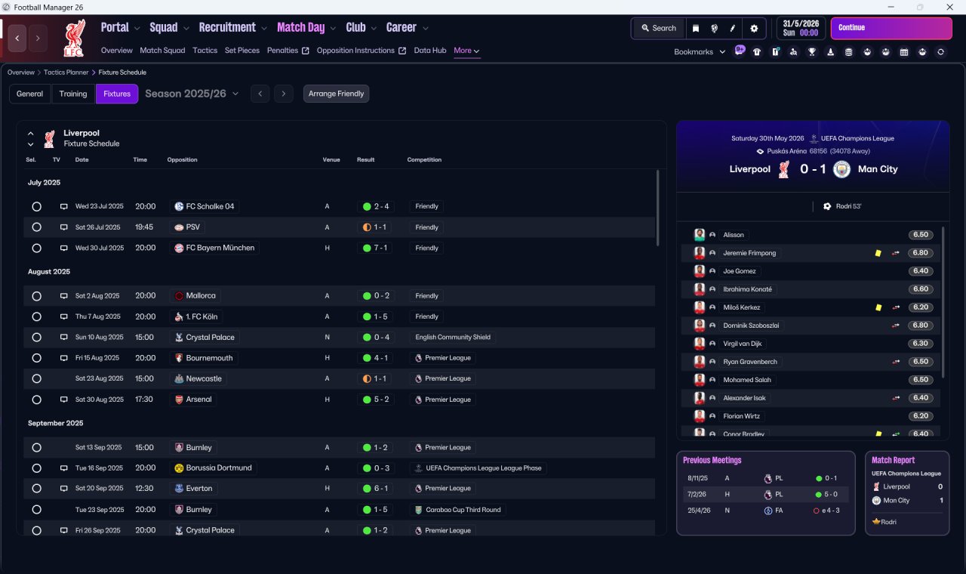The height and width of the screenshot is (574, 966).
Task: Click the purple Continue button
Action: pos(891,28)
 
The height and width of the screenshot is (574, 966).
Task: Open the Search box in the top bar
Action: pos(659,28)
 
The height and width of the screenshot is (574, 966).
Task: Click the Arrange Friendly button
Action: pos(336,94)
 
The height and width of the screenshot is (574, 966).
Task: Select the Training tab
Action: pos(73,94)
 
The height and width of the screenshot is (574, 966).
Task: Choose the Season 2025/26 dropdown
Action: pos(192,94)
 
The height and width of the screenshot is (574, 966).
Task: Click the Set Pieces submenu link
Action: pos(242,51)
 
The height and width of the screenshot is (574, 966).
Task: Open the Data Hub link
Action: pos(430,51)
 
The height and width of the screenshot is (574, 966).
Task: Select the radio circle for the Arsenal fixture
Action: pos(37,400)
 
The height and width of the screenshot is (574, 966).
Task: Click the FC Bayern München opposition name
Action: pos(220,248)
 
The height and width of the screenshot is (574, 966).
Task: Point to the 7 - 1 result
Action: pos(380,248)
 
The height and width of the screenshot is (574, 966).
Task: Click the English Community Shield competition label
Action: pos(453,337)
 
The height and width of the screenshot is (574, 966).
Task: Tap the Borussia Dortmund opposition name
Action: pos(219,468)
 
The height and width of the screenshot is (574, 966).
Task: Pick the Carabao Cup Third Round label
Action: pos(463,510)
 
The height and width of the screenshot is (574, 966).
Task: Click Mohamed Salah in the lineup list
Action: pos(747,380)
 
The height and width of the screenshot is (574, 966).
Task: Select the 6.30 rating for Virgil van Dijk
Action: pos(920,344)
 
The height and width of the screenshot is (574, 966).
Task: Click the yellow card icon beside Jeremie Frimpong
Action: pos(878,253)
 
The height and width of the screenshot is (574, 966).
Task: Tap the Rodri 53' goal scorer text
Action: pos(848,206)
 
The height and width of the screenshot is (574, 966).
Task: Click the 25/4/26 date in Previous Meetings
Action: pos(699,511)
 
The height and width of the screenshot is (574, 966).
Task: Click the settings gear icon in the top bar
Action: pos(754,29)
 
